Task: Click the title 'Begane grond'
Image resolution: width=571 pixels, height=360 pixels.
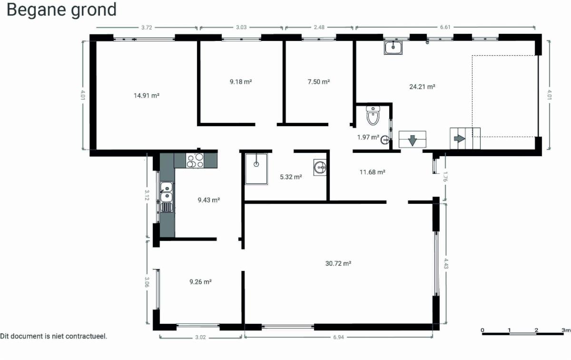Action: coord(61,10)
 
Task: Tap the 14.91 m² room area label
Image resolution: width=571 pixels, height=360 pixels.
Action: coord(147,96)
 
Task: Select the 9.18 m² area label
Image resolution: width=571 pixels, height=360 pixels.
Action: coord(241,81)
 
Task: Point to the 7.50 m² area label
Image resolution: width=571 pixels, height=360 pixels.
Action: coord(319,81)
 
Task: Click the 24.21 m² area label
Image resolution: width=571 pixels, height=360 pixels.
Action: coord(422,87)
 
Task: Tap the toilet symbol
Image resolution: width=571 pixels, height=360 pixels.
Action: coord(373,116)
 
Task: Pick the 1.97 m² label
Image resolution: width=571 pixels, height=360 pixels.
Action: coord(368,137)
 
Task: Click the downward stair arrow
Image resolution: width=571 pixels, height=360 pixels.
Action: coord(412,140)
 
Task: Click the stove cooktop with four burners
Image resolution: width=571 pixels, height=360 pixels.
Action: coord(195,160)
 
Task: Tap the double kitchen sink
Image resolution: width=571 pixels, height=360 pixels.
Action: coord(167,192)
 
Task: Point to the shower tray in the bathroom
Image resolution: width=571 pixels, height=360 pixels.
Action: coord(256,169)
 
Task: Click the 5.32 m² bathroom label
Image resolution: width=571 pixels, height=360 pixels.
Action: coord(291,177)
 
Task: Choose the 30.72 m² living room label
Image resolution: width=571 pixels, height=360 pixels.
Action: coord(338,263)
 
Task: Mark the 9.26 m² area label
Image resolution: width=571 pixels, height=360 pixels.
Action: coord(201,282)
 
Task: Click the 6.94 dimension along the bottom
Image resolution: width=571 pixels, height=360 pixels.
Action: coord(338,337)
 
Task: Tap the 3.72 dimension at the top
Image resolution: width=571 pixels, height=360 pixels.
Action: coord(147,28)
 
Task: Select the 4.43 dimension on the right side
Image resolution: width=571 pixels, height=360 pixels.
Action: coord(446,263)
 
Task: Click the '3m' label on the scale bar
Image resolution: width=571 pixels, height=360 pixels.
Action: coord(566,330)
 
